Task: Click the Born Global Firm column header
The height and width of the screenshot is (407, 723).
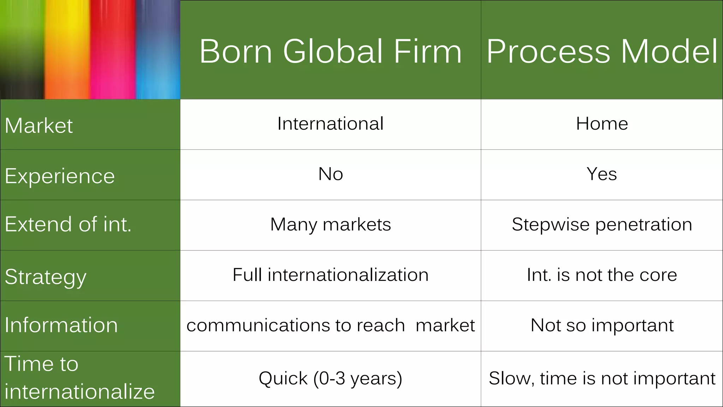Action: [330, 51]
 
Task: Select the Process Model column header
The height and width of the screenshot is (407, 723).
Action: [602, 51]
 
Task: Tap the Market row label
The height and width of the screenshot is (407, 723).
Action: [39, 125]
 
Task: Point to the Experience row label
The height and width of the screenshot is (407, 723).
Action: [60, 176]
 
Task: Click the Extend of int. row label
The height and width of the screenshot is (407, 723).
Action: [68, 224]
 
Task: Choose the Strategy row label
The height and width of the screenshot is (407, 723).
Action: [46, 277]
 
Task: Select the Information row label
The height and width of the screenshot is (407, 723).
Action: [61, 325]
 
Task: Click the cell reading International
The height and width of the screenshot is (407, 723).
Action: [330, 124]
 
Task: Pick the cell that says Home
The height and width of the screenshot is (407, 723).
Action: [602, 124]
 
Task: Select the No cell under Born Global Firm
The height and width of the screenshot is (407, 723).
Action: [330, 174]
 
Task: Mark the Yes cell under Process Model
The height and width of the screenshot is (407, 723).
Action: [602, 174]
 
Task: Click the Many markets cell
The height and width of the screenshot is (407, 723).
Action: [330, 224]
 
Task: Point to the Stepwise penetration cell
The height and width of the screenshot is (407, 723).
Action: [602, 224]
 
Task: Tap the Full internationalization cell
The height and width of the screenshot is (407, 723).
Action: [330, 275]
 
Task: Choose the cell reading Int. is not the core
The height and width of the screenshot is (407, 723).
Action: [602, 275]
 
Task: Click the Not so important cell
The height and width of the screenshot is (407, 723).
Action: [602, 325]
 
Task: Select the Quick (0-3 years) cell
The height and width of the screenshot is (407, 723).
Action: [330, 378]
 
